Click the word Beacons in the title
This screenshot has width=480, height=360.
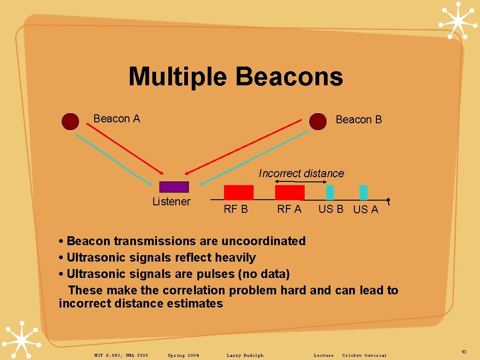(289, 76)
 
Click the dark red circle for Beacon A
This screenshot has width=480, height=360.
(71, 121)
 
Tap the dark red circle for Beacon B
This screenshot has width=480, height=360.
(318, 121)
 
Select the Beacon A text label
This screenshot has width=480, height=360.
(117, 119)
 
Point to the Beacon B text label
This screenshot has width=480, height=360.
(359, 120)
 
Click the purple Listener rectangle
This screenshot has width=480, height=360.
(174, 187)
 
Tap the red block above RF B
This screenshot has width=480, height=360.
(239, 193)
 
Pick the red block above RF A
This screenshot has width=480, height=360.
(290, 193)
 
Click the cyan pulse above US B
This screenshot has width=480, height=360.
(330, 193)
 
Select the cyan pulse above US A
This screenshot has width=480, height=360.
(363, 193)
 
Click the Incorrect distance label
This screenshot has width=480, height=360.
(301, 173)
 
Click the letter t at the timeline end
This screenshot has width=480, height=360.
(389, 202)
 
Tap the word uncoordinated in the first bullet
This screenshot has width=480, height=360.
(263, 241)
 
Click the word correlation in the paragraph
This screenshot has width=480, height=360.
(194, 290)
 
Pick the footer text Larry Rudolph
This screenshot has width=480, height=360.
(245, 355)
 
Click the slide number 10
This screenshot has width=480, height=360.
(464, 352)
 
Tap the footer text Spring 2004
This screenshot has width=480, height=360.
(183, 355)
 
